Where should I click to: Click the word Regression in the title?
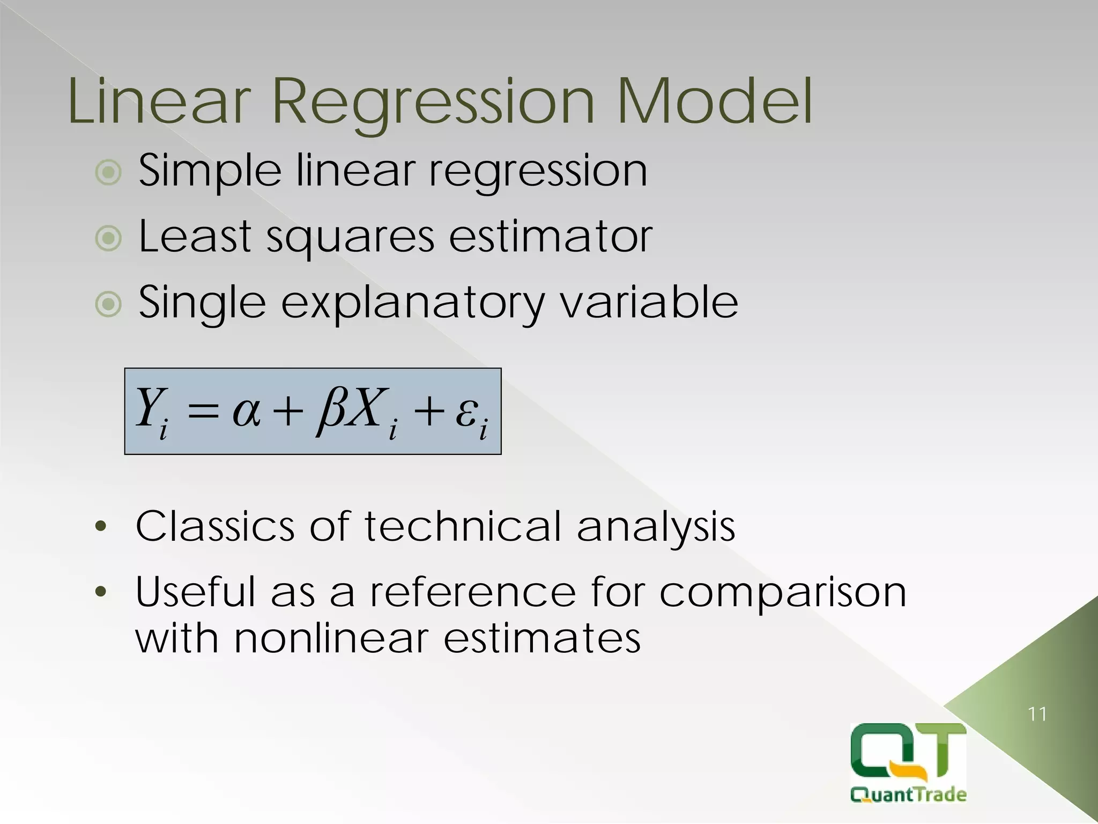click(433, 102)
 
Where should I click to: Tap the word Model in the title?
click(715, 102)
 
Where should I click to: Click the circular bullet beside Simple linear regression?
click(108, 172)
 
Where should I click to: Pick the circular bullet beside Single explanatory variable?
click(108, 304)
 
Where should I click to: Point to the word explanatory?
click(412, 304)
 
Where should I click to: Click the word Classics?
click(215, 526)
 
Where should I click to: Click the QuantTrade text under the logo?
click(908, 794)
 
